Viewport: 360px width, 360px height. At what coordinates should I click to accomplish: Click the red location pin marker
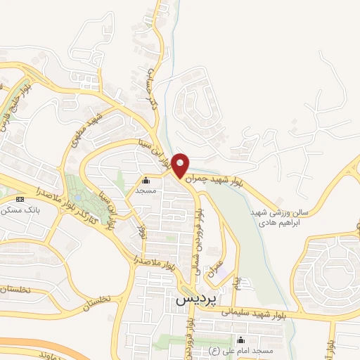(181, 165)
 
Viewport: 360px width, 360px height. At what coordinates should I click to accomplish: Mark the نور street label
(143, 230)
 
